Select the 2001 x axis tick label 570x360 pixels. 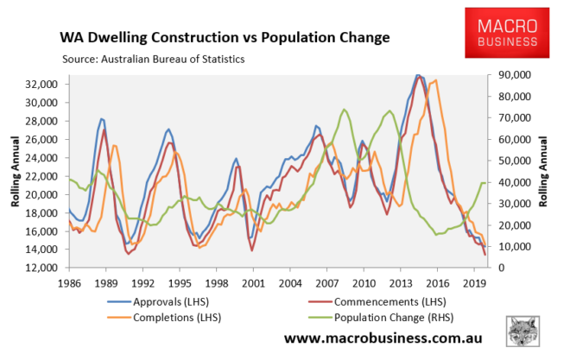coord(251,281)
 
